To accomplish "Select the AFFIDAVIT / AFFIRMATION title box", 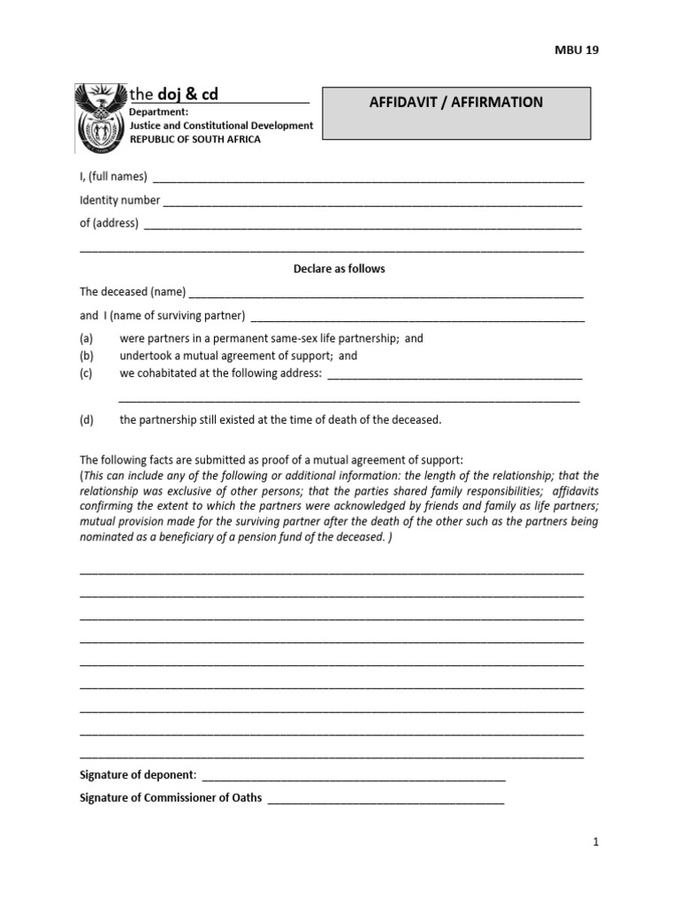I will (455, 113).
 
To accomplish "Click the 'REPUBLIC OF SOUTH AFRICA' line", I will (195, 140).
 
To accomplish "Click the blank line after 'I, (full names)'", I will (368, 179).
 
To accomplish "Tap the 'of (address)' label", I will (109, 223).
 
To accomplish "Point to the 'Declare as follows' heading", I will (339, 269).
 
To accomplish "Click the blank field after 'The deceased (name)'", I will (386, 294).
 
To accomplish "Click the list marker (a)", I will (87, 338).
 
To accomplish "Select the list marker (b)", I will (87, 356).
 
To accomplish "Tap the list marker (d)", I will (87, 419).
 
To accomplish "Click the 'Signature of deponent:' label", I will (138, 775).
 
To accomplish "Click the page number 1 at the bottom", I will (596, 842).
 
